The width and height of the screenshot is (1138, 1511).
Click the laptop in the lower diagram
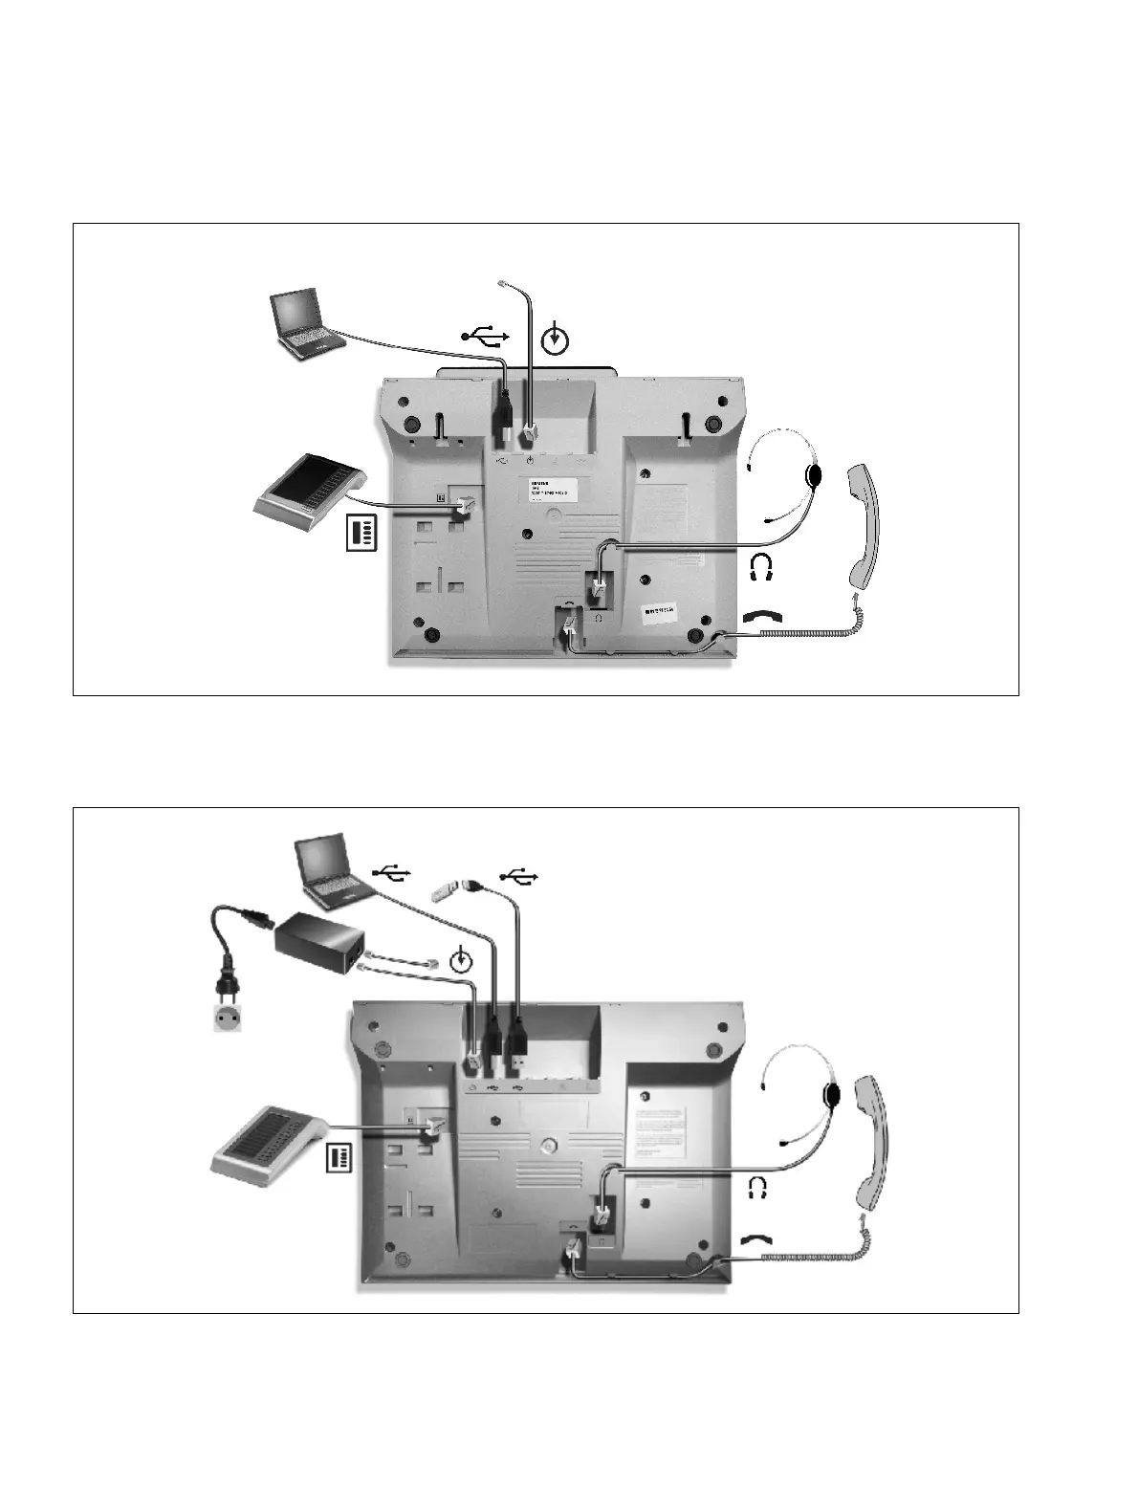click(331, 870)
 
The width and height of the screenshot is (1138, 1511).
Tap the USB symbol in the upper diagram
click(487, 336)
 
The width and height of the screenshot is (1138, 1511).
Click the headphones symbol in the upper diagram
click(761, 568)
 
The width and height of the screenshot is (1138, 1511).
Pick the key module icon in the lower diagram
click(339, 1158)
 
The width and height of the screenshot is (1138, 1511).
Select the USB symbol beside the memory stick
click(518, 874)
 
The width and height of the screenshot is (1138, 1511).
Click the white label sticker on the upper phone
click(553, 492)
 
